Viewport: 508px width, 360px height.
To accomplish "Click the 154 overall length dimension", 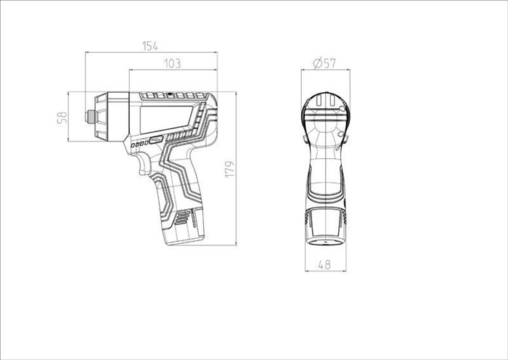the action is click(149, 46).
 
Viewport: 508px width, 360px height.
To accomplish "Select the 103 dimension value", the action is click(173, 64).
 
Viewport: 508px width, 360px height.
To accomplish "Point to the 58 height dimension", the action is click(62, 117).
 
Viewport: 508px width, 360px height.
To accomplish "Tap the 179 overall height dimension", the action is click(229, 169).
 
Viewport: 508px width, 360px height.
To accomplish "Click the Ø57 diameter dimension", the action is click(324, 63).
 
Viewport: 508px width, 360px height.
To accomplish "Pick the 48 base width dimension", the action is click(324, 265).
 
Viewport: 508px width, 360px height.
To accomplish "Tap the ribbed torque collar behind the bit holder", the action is click(101, 117).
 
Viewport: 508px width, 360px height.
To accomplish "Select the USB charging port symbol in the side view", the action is click(156, 140).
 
